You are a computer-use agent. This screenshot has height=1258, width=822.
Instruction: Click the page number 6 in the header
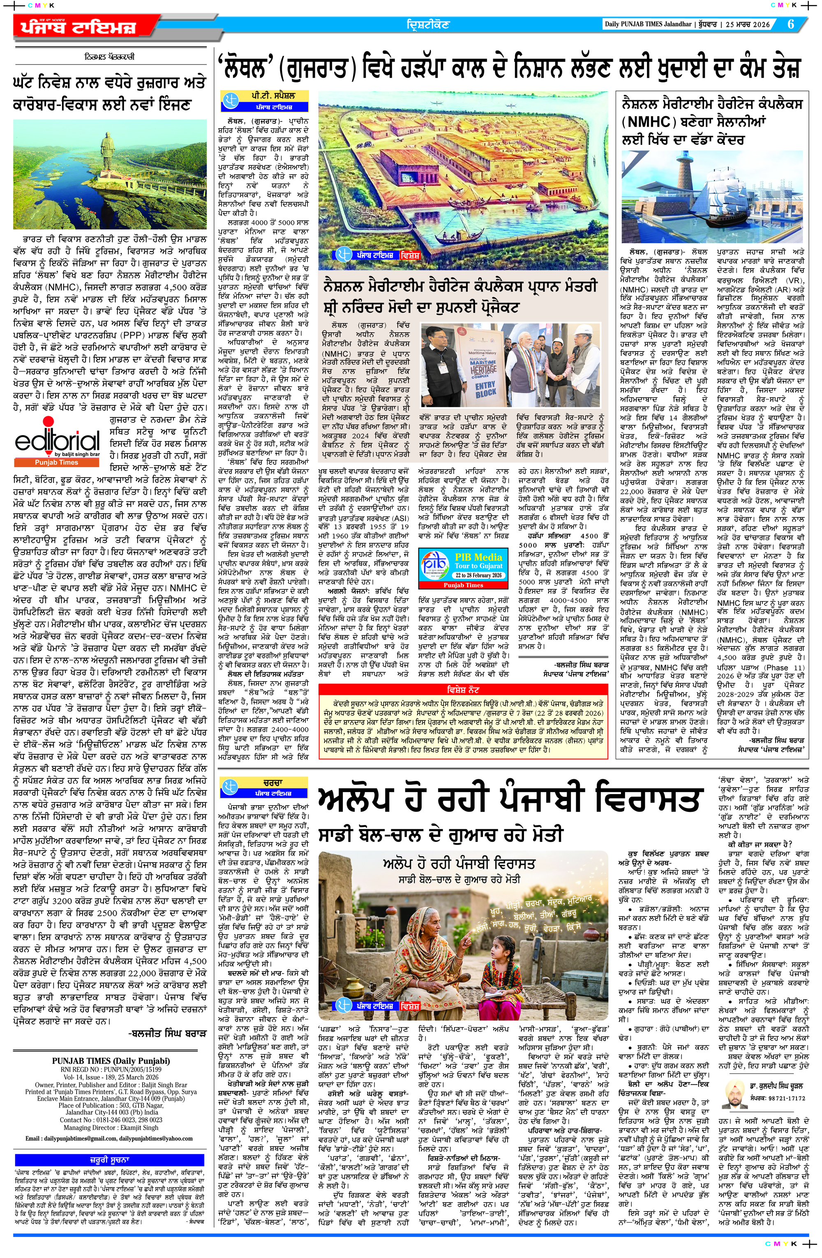790,24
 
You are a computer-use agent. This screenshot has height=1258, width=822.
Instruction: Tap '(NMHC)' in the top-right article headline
648,123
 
